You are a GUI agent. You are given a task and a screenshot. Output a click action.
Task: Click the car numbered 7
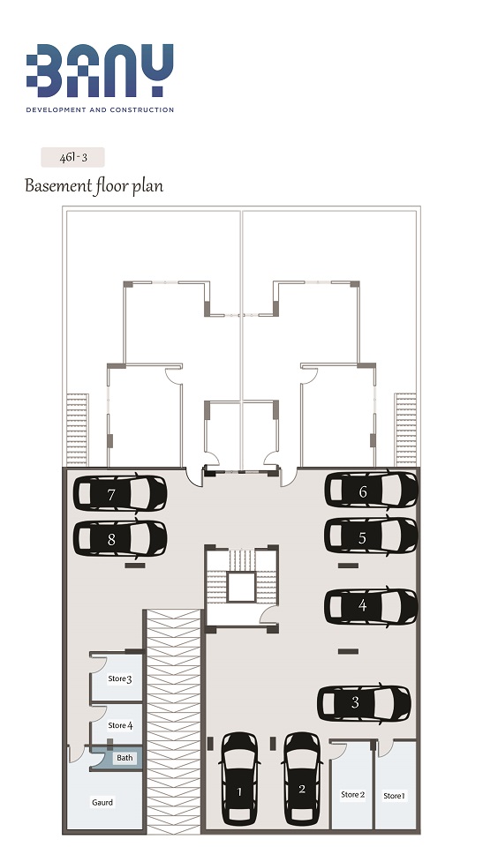pyautogui.click(x=120, y=493)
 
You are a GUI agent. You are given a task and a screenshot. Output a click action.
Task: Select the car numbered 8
pyautogui.click(x=120, y=538)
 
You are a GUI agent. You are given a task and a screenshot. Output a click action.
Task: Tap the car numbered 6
pyautogui.click(x=371, y=490)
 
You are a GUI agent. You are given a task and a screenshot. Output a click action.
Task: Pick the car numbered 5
pyautogui.click(x=371, y=536)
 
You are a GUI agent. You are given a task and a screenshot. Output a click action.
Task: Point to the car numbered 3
pyautogui.click(x=364, y=703)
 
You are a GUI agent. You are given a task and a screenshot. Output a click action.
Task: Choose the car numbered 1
pyautogui.click(x=239, y=778)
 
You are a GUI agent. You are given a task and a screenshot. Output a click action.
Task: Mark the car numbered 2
pyautogui.click(x=301, y=778)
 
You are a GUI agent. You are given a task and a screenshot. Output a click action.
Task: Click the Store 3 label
pyautogui.click(x=120, y=678)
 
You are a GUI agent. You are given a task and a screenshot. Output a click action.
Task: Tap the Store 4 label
pyautogui.click(x=120, y=725)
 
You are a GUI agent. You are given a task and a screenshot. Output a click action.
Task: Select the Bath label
pyautogui.click(x=125, y=757)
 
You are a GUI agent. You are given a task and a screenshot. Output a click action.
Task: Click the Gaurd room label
pyautogui.click(x=102, y=802)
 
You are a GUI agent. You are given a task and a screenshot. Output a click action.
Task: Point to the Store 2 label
pyautogui.click(x=352, y=795)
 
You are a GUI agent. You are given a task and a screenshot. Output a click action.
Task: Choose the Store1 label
pyautogui.click(x=395, y=796)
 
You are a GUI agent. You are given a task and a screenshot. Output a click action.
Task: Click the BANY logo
pyautogui.click(x=100, y=71)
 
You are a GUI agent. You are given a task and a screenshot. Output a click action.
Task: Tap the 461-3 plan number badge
pyautogui.click(x=72, y=158)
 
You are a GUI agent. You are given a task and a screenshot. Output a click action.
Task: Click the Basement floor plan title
pyautogui.click(x=94, y=186)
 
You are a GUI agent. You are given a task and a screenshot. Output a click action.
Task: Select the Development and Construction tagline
pyautogui.click(x=100, y=109)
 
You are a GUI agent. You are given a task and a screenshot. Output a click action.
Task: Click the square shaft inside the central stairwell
pyautogui.click(x=241, y=588)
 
